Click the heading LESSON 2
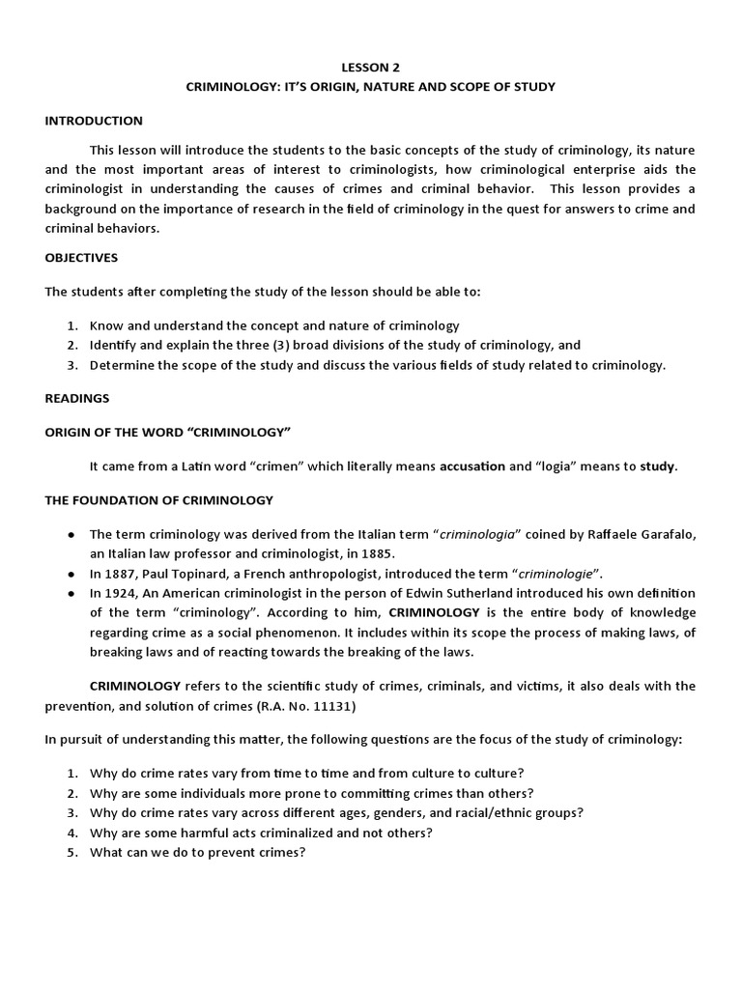370,68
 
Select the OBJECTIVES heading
81,258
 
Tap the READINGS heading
77,397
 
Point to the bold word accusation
472,466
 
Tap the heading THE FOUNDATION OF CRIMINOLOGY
159,499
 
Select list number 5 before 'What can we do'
72,853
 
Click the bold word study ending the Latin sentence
657,466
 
